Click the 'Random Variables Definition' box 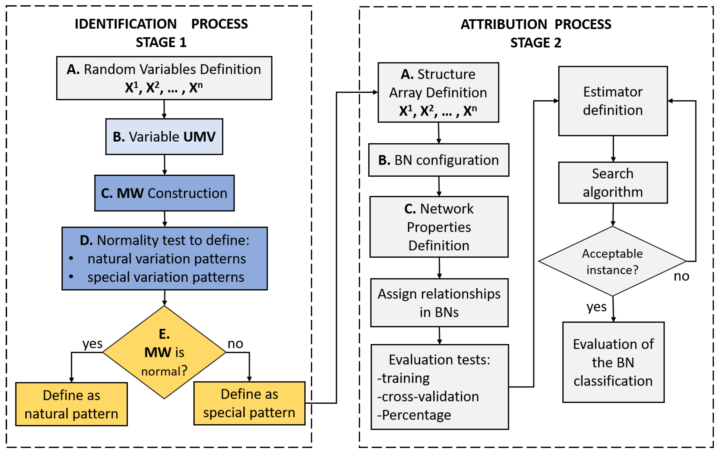point(164,78)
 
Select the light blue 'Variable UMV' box point(164,136)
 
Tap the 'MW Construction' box point(164,193)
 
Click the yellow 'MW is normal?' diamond point(164,352)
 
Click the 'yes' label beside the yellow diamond point(92,344)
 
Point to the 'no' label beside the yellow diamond point(235,344)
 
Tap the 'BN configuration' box point(438,160)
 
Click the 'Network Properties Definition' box point(439,227)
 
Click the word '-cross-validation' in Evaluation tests point(428,397)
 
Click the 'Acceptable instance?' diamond point(612,261)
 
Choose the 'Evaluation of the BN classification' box point(613,362)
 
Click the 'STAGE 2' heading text point(536,43)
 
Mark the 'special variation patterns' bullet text point(166,277)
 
